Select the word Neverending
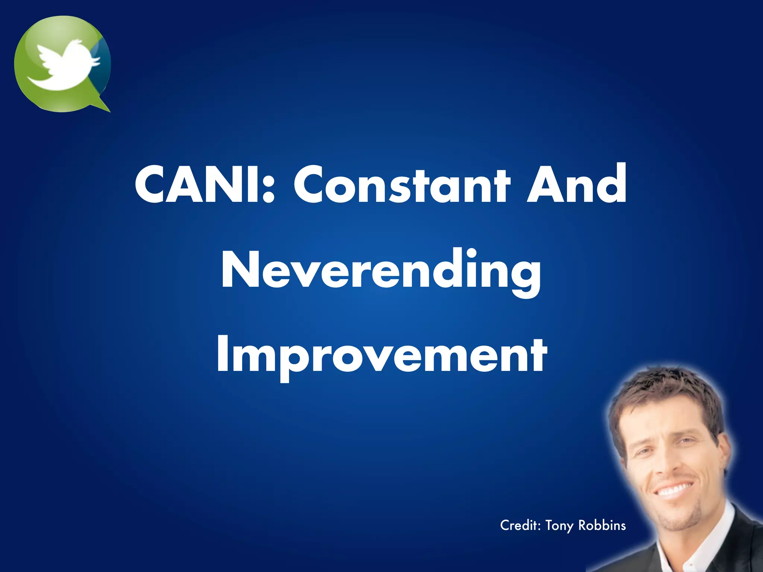point(381,270)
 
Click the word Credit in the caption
point(520,525)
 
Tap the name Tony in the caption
point(560,526)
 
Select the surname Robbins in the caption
point(602,525)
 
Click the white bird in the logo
point(65,65)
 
